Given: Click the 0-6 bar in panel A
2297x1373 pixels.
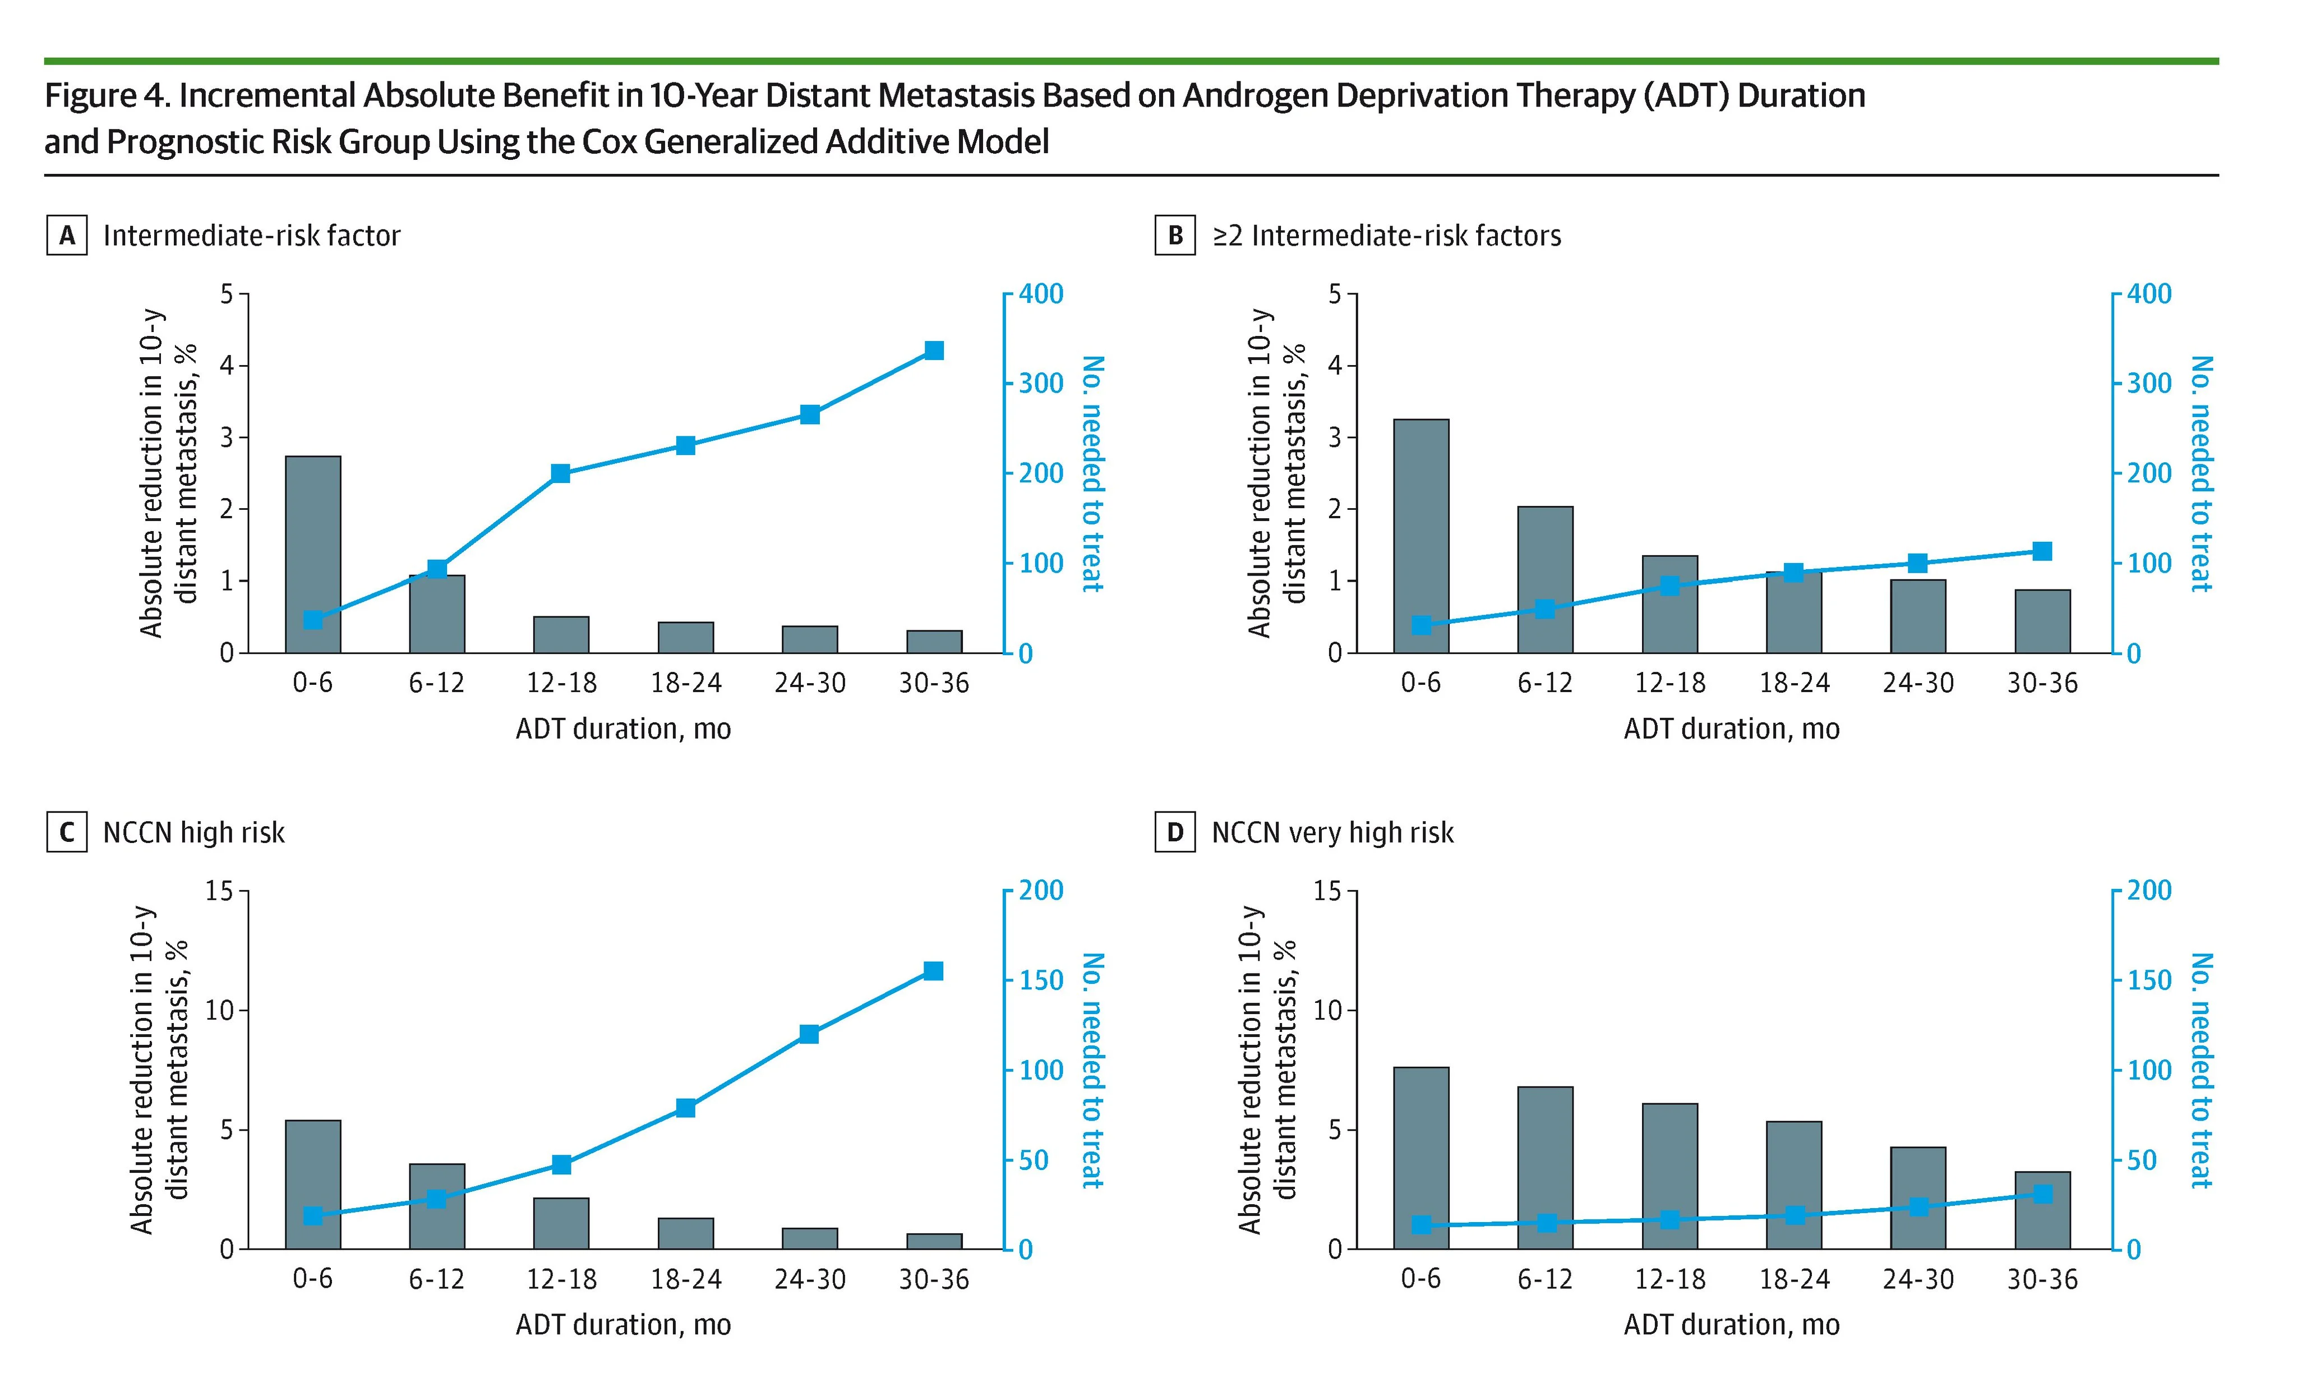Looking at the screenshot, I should point(313,555).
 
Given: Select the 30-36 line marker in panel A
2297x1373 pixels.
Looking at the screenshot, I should point(933,351).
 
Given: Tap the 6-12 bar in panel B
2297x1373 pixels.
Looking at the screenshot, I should point(1545,580).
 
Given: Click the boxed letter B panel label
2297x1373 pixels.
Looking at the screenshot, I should point(1175,236).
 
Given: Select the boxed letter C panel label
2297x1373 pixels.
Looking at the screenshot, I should point(67,833).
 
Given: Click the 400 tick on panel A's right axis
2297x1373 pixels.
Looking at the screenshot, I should point(1041,294).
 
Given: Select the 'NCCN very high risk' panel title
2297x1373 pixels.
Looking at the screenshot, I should point(1332,833).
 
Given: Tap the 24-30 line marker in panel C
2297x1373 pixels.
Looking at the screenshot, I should point(809,1034).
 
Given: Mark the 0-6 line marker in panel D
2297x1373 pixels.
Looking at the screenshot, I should point(1422,1225).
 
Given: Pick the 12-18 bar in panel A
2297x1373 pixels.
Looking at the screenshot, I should point(561,635).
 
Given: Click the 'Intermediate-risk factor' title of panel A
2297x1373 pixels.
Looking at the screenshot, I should point(252,236).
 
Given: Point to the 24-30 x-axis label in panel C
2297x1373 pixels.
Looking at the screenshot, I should point(809,1279).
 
